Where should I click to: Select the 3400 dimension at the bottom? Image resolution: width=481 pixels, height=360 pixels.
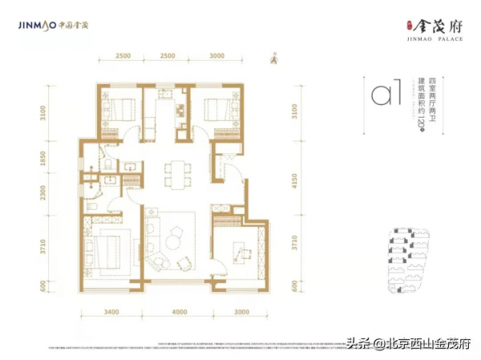coord(111,311)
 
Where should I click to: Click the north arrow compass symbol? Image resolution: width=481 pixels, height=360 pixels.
coord(273,56)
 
